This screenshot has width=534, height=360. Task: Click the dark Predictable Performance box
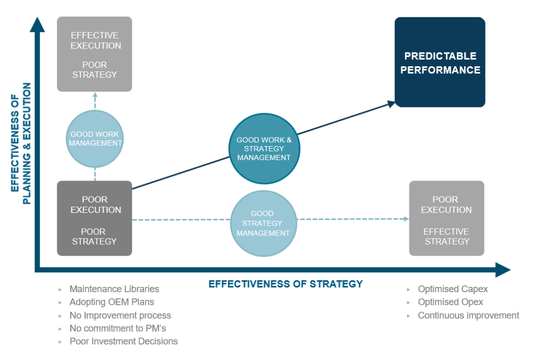click(x=440, y=62)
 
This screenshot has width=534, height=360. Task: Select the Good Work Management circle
click(x=95, y=138)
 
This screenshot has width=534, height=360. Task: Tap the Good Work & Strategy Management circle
click(x=264, y=148)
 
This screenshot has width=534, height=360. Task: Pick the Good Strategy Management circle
click(x=263, y=224)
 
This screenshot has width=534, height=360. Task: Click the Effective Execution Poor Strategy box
click(x=94, y=54)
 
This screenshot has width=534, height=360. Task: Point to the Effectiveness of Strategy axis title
click(x=285, y=284)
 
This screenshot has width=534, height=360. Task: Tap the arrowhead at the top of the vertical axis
click(x=37, y=24)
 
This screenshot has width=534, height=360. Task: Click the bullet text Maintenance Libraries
click(x=114, y=289)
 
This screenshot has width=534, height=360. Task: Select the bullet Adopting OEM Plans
click(x=112, y=302)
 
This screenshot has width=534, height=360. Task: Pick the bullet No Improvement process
click(x=120, y=315)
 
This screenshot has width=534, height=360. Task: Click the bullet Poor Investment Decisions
click(x=124, y=341)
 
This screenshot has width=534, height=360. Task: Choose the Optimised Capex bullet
click(x=453, y=289)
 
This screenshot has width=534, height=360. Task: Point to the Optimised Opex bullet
click(x=451, y=302)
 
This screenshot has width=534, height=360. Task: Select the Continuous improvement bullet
click(x=468, y=315)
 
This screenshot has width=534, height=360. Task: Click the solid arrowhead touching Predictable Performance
click(x=391, y=103)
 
